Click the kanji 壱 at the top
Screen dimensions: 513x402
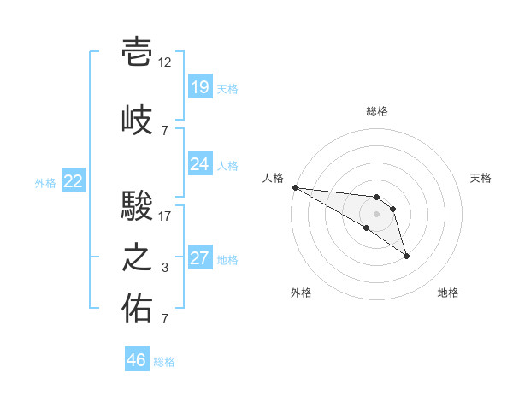137,51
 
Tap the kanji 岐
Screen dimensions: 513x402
137,120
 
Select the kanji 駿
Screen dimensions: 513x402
137,205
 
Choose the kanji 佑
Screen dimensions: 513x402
137,309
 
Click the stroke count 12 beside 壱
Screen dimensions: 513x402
164,62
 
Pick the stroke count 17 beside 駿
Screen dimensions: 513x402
164,216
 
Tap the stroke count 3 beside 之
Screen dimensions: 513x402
165,268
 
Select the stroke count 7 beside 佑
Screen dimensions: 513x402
165,319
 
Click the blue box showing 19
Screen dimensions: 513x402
201,86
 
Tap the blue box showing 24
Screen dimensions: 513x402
201,163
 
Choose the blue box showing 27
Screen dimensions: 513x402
201,257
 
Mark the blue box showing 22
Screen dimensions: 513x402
74,180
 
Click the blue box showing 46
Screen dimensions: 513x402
137,358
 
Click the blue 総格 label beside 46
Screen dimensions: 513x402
164,362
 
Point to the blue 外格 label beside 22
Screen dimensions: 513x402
45,183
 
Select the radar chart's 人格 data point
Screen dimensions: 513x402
296,187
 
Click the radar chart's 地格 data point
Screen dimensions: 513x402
406,257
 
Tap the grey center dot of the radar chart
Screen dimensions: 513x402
376,214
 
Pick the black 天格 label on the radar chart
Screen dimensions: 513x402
481,178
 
